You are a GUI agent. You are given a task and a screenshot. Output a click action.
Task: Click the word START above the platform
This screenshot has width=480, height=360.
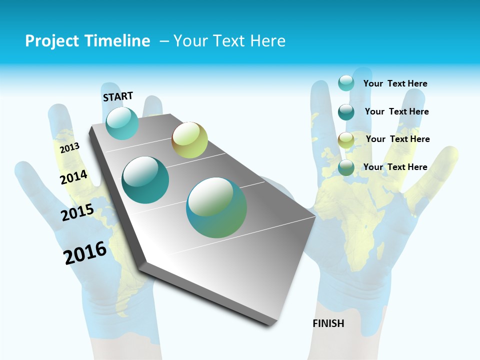118,96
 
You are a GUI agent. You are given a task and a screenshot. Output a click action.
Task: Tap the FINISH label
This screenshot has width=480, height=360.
328,323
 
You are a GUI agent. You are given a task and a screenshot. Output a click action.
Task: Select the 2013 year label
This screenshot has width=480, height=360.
69,147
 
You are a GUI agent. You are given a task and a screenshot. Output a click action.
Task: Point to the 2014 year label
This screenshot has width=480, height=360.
74,177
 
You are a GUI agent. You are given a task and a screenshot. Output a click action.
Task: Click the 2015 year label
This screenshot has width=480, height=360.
77,212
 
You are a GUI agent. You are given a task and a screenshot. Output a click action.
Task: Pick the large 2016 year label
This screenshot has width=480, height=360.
85,253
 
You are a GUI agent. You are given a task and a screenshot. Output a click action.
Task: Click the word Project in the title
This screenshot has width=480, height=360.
51,41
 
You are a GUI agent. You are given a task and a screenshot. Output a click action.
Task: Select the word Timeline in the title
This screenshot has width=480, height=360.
118,41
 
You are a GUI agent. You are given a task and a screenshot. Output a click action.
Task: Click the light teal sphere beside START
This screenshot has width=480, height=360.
122,123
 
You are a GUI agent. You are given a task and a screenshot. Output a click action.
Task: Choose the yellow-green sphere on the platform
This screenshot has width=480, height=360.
189,140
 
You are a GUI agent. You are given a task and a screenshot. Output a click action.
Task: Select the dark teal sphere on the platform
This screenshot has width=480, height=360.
145,180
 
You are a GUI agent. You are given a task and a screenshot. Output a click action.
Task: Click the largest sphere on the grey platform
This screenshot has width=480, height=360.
216,207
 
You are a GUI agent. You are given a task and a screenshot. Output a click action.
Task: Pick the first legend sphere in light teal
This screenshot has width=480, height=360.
346,83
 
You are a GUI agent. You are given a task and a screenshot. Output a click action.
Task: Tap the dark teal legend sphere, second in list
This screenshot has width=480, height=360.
346,111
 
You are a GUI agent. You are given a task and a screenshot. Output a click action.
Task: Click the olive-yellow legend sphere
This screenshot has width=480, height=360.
346,139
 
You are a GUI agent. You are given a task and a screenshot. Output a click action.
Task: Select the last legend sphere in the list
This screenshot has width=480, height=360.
346,167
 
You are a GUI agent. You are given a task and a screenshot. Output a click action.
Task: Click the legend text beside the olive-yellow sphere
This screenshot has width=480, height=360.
397,139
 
